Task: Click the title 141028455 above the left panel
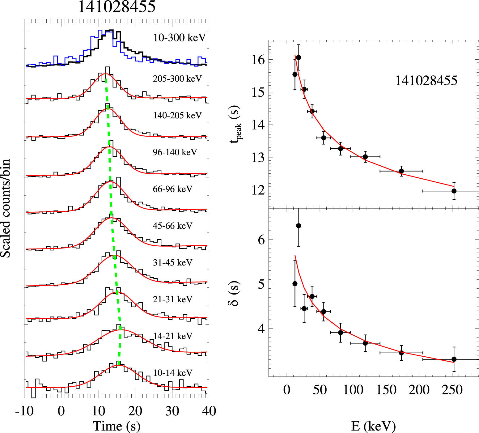click(x=117, y=7)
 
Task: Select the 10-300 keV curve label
click(x=179, y=38)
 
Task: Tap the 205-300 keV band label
click(x=177, y=79)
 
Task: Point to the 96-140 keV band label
click(x=175, y=152)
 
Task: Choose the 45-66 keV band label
click(x=172, y=226)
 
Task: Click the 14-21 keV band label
click(x=172, y=336)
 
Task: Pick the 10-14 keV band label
click(x=172, y=373)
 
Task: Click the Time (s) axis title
click(x=117, y=426)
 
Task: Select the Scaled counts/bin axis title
click(x=6, y=208)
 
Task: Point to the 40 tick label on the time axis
click(x=209, y=411)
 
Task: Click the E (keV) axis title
click(x=373, y=426)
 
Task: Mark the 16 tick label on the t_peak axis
click(x=258, y=60)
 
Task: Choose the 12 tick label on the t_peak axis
click(x=258, y=190)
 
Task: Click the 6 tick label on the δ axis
click(x=261, y=240)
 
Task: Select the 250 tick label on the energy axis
click(x=452, y=390)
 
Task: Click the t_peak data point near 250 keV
click(x=454, y=191)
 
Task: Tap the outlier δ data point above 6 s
click(x=299, y=226)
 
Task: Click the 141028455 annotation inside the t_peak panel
click(x=426, y=81)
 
